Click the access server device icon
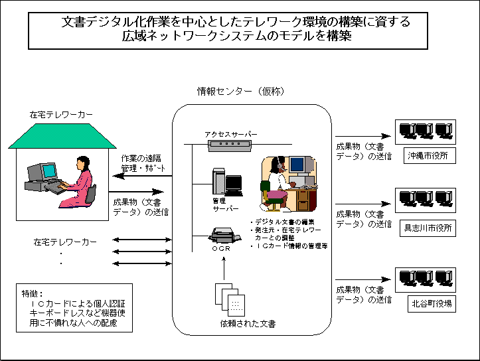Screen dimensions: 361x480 click(230, 145)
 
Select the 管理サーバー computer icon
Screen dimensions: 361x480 click(226, 180)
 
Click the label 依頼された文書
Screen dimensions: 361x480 click(248, 324)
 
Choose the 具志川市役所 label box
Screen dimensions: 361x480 click(428, 228)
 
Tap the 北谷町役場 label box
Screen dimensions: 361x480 click(430, 303)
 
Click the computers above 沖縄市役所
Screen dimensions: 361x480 click(425, 131)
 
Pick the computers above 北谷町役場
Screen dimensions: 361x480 click(425, 277)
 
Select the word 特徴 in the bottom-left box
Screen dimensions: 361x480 click(32, 293)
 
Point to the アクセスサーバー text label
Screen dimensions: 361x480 click(230, 134)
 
